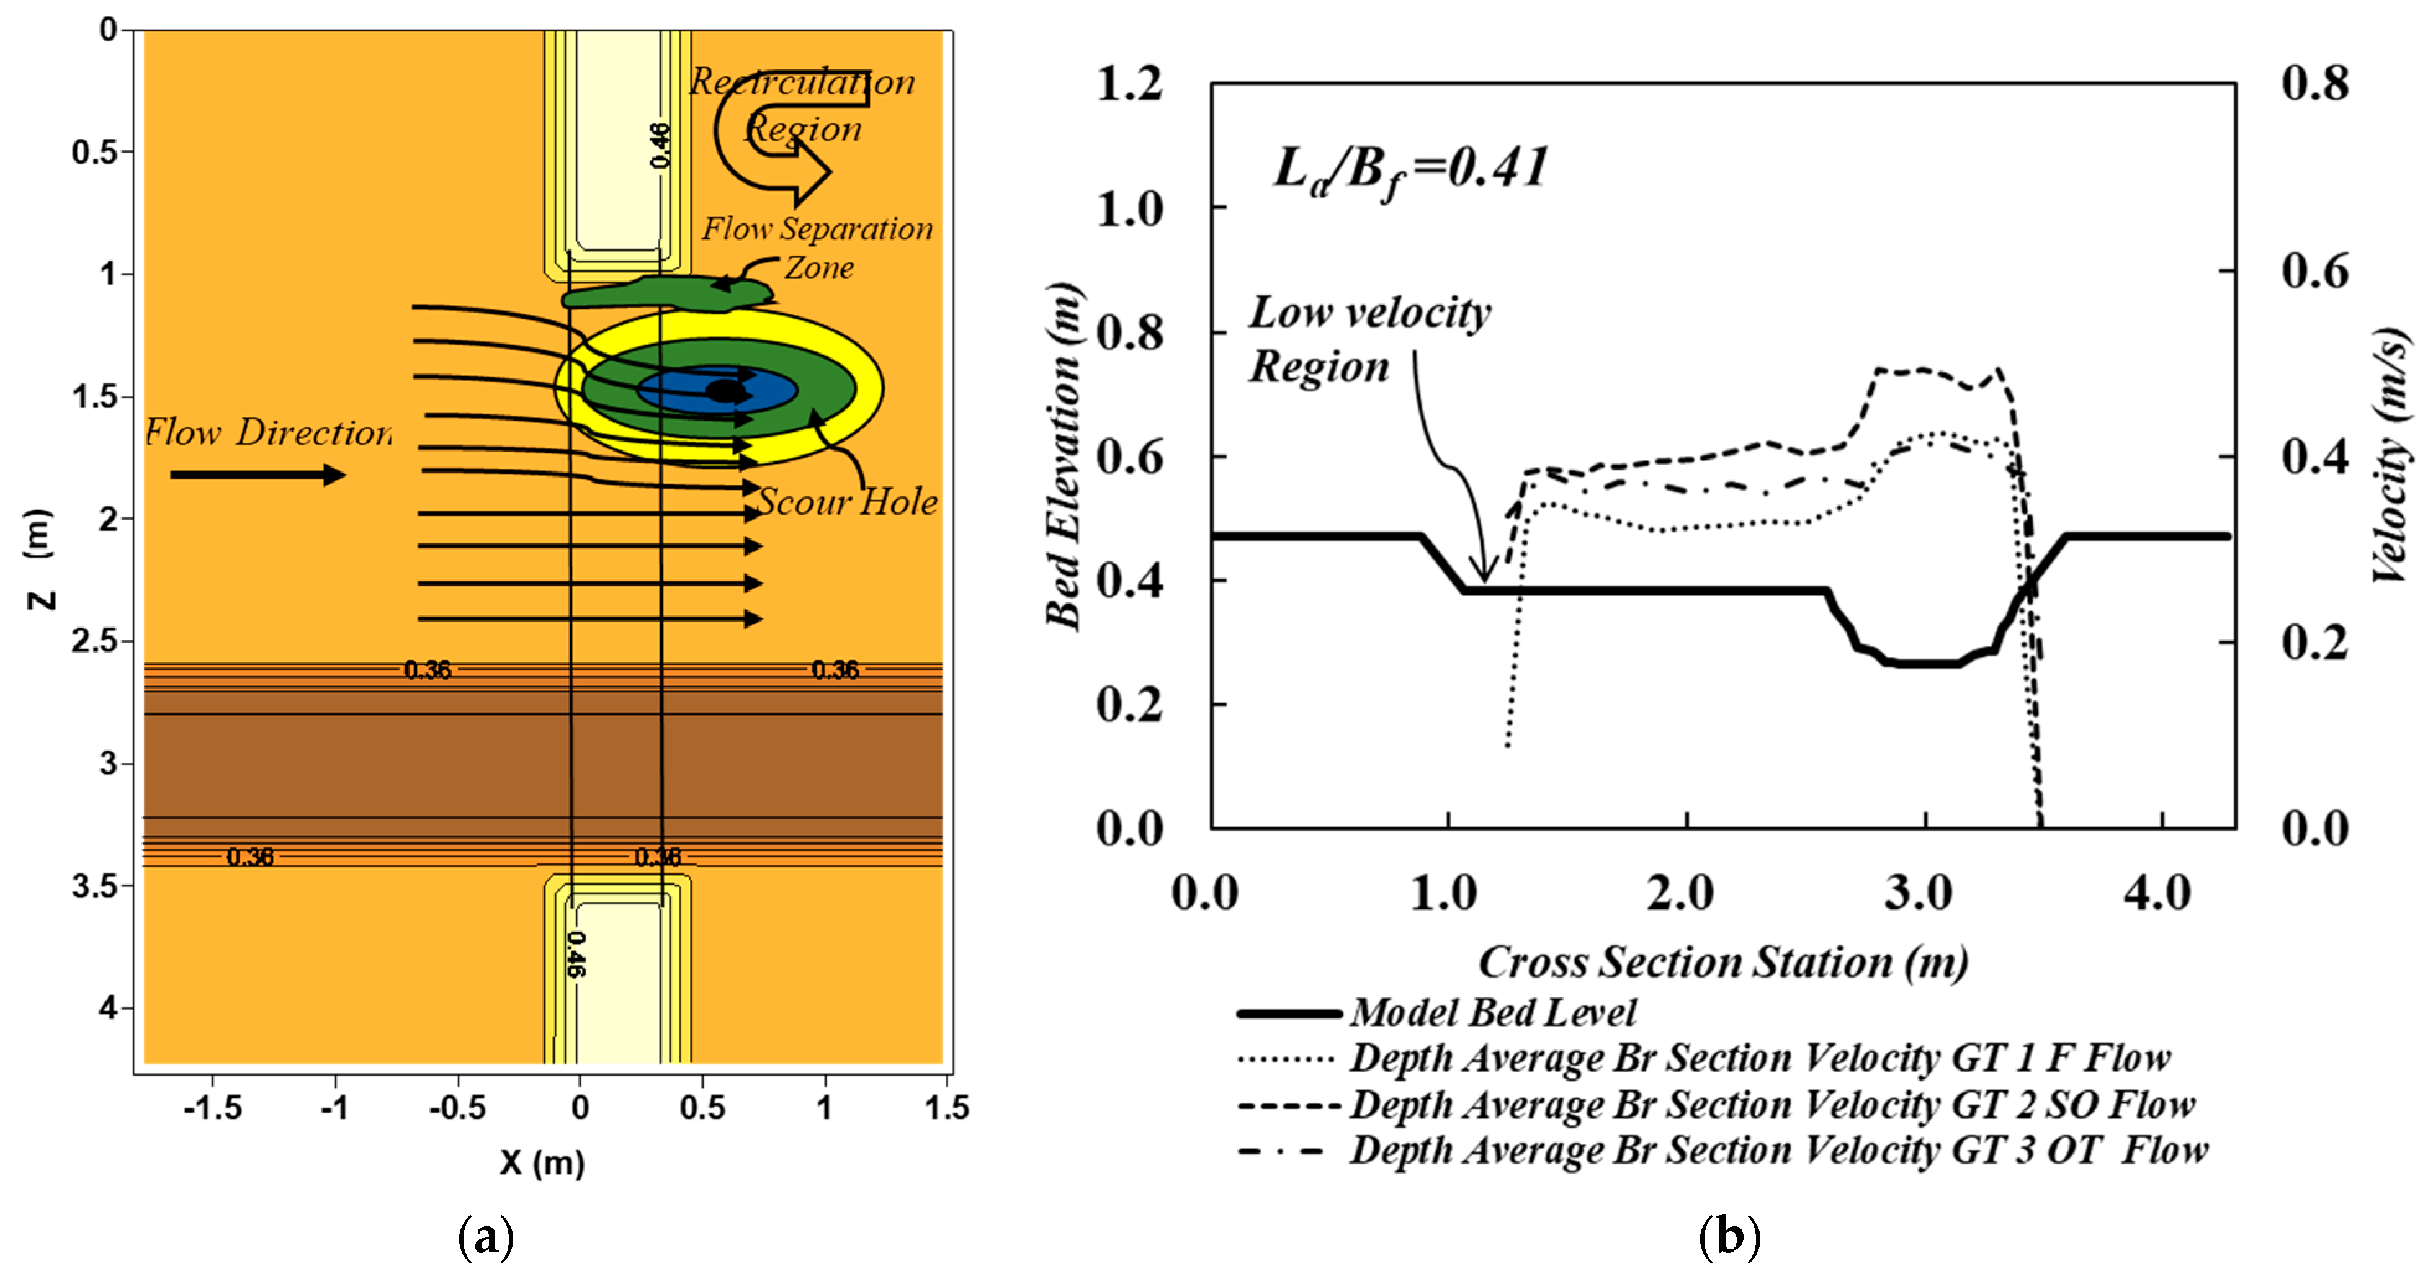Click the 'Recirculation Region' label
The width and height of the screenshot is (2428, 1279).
pos(802,104)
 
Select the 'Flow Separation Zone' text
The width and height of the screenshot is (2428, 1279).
pos(816,247)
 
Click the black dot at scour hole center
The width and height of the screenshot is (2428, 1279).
pos(724,390)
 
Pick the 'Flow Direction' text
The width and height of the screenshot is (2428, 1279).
pos(269,432)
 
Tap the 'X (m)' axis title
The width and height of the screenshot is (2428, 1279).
pos(542,1162)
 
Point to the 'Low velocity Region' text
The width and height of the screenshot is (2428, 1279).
pos(1369,339)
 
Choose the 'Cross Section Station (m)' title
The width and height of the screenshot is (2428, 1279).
pos(1723,962)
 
